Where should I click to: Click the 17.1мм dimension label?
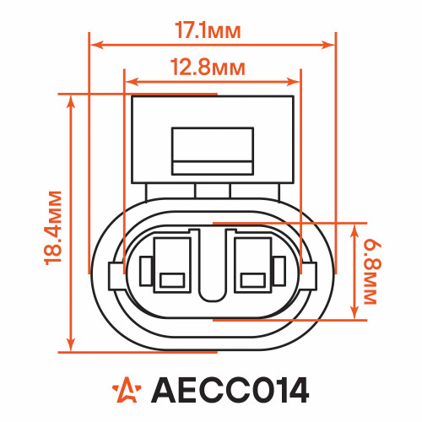[208, 30]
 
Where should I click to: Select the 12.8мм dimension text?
[208, 68]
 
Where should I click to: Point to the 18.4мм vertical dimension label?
[53, 228]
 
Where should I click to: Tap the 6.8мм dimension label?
[373, 272]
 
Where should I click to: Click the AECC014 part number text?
[230, 390]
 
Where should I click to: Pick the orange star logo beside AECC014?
[127, 390]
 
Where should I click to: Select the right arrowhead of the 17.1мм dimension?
[328, 45]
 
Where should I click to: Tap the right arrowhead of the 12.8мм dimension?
[293, 82]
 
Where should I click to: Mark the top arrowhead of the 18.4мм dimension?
[71, 102]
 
